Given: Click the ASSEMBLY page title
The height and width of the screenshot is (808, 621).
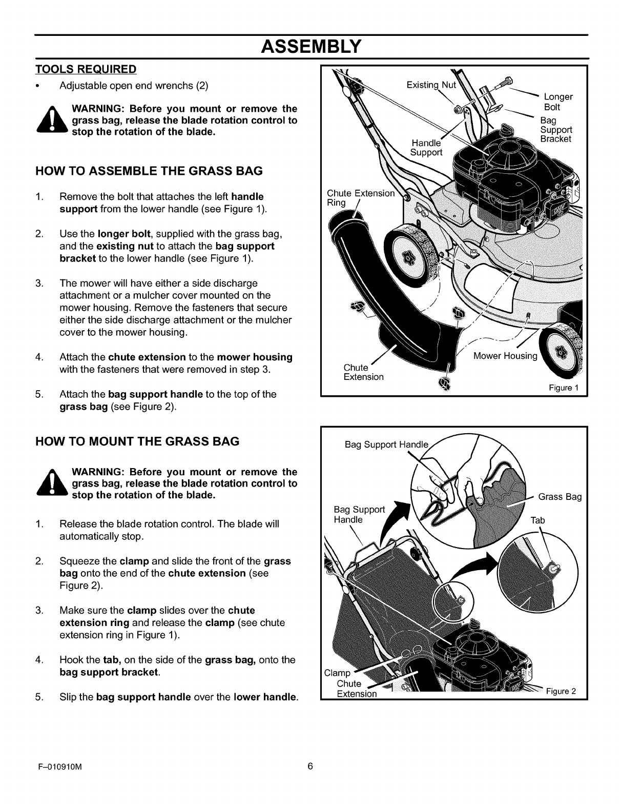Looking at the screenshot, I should click(x=311, y=47).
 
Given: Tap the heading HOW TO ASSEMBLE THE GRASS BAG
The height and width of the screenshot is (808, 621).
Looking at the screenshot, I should click(x=149, y=171).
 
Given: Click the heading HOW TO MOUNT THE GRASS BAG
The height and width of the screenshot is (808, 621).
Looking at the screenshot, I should click(x=137, y=441).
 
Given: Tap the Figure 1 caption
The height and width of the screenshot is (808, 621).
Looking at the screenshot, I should click(x=564, y=388).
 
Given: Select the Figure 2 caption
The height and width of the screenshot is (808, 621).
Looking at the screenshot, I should click(x=561, y=691).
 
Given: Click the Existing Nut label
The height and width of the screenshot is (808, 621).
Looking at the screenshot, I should click(x=430, y=83).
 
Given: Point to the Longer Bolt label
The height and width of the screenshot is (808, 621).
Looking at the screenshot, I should click(x=557, y=102).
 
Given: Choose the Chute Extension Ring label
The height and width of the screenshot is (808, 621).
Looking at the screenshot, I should click(x=360, y=197).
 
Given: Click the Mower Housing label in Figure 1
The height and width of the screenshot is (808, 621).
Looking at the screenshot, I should click(x=505, y=356).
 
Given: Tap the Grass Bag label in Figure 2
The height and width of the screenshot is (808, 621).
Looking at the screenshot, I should click(x=560, y=497).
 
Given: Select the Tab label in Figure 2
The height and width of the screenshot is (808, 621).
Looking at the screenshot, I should click(x=537, y=520).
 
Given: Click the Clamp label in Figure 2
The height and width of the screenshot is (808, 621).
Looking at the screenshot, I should click(x=337, y=673).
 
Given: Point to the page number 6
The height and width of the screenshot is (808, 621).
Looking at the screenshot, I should click(x=310, y=781).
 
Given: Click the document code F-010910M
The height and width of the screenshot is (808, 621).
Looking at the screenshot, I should click(x=60, y=781).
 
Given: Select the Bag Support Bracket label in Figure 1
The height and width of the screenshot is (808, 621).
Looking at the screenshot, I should click(x=556, y=130).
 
